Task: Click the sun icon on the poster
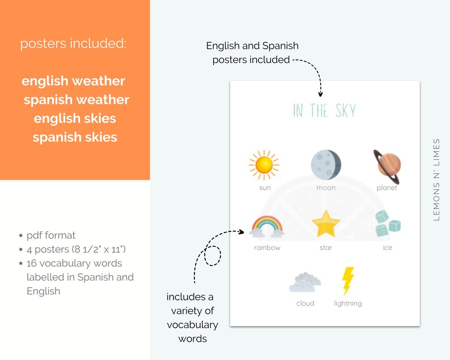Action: tap(264, 165)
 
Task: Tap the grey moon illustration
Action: tap(326, 164)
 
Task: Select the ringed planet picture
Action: tap(387, 166)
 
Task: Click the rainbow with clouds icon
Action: tap(267, 226)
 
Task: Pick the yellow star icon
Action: tap(326, 225)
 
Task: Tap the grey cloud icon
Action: tap(305, 281)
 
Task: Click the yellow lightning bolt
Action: tap(347, 281)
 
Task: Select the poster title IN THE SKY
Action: tap(324, 111)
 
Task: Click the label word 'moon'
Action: tap(326, 188)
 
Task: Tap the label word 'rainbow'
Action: tap(267, 248)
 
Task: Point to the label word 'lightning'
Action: tap(347, 303)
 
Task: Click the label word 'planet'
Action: tap(387, 188)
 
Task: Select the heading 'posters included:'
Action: tap(74, 44)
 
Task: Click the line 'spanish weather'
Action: tap(77, 100)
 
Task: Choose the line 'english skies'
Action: tap(75, 118)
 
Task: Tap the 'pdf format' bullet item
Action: tap(50, 235)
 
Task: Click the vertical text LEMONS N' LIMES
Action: tap(436, 179)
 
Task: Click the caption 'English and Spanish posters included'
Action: tap(252, 53)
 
